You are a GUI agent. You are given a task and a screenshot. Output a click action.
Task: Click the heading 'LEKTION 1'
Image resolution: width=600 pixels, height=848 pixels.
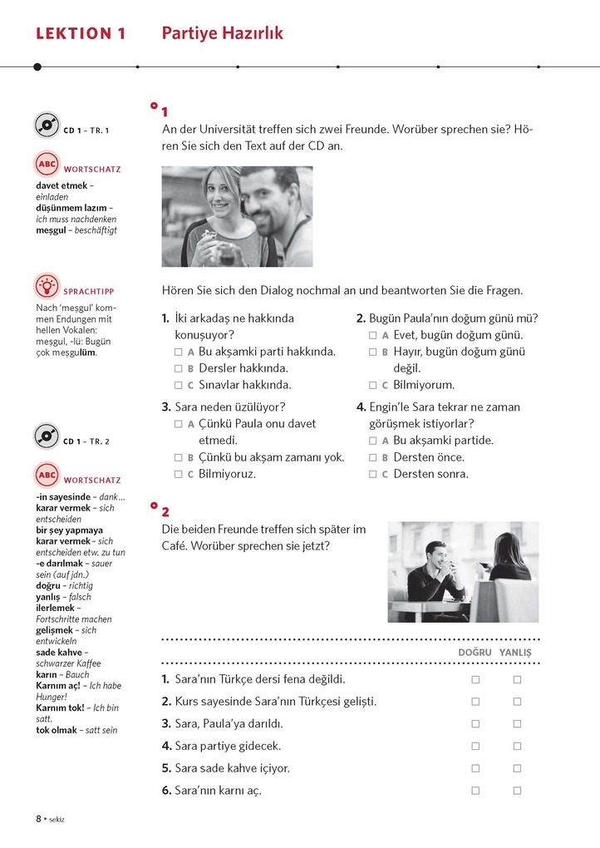click(x=81, y=34)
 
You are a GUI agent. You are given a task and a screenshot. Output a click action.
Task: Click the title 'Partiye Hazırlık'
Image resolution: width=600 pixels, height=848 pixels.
click(x=222, y=33)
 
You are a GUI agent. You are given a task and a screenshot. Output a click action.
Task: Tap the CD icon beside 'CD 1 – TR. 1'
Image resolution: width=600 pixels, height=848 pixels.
click(x=47, y=126)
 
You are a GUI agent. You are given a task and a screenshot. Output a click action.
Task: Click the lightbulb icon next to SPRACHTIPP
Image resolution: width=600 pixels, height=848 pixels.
click(x=47, y=286)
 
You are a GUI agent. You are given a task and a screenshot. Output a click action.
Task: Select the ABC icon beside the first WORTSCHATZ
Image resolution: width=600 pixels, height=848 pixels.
click(x=47, y=164)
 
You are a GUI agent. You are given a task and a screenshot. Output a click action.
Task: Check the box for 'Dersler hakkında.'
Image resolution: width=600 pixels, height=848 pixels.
click(x=179, y=368)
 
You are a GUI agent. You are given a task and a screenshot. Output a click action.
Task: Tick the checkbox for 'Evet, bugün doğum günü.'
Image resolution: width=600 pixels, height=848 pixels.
click(x=373, y=335)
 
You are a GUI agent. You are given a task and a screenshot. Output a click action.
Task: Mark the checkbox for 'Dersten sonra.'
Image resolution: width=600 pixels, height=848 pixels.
click(x=373, y=475)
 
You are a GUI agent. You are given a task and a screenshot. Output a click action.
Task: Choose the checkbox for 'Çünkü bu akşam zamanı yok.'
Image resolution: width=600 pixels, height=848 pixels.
click(x=179, y=457)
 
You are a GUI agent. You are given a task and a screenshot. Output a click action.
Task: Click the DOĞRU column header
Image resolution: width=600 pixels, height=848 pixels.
click(x=475, y=653)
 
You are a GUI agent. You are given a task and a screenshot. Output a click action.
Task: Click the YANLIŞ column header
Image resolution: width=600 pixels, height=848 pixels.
click(x=515, y=653)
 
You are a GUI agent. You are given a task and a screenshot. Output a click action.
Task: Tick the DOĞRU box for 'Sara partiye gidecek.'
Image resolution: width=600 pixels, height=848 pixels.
click(x=475, y=747)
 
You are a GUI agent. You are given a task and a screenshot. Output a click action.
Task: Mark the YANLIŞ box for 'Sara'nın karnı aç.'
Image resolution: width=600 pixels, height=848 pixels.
click(x=517, y=791)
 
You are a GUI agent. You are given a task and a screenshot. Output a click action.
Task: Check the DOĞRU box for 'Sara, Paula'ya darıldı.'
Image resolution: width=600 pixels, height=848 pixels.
click(x=475, y=724)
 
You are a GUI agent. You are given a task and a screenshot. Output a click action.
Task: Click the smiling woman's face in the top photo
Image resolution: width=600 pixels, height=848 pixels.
click(x=220, y=194)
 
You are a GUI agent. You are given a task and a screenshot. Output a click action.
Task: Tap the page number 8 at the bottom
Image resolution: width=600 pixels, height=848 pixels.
click(x=38, y=818)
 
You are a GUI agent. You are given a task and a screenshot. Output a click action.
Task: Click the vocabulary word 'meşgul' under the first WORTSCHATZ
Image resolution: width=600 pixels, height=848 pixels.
click(x=52, y=230)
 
